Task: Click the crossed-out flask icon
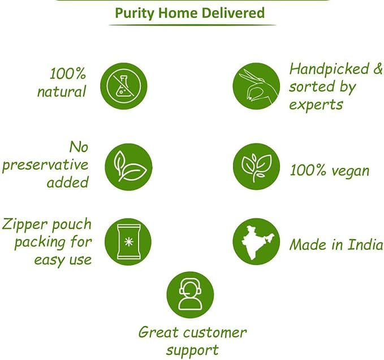click(124, 86)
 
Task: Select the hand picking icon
click(256, 86)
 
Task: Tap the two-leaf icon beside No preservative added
click(128, 167)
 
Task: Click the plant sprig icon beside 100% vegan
click(256, 167)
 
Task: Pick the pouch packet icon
click(128, 242)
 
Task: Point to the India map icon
click(256, 242)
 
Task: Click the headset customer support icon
click(190, 295)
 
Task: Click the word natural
click(62, 92)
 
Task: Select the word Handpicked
click(329, 69)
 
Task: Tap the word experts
click(316, 105)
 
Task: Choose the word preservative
click(45, 165)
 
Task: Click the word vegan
click(350, 171)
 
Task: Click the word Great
click(159, 332)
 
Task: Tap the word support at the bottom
click(192, 350)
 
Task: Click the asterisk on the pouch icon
click(128, 242)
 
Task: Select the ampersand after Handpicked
click(378, 68)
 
